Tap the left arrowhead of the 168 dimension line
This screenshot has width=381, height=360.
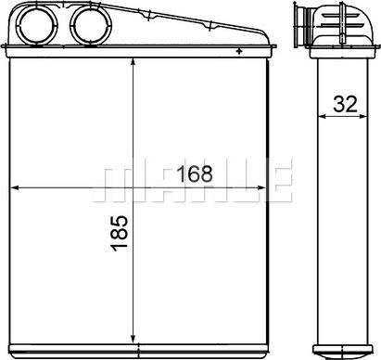(13, 187)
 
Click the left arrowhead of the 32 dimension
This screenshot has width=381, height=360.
(322, 117)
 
